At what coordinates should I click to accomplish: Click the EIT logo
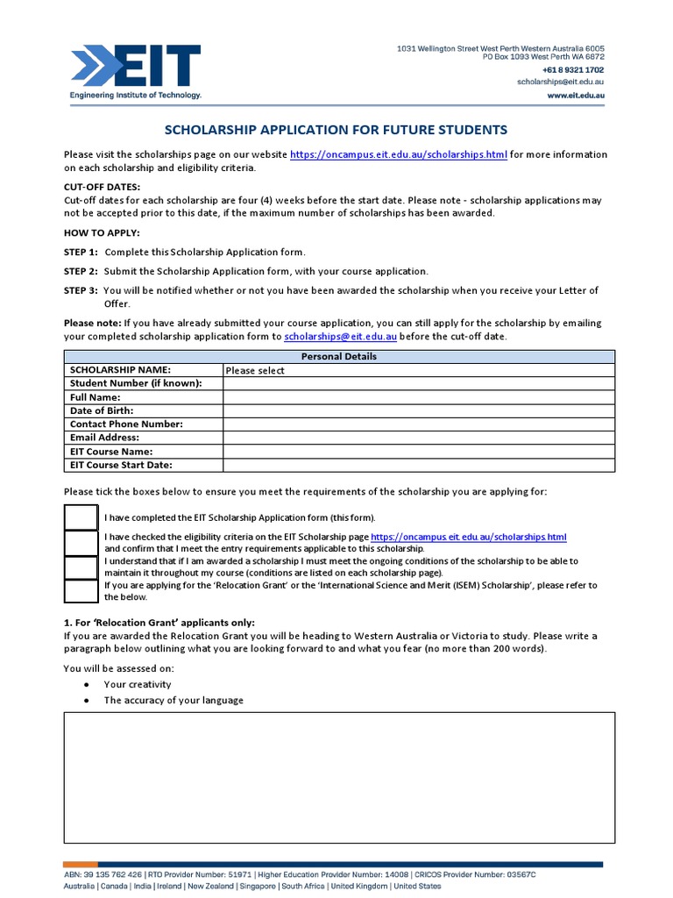[136, 71]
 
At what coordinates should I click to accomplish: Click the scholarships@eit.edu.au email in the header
[560, 82]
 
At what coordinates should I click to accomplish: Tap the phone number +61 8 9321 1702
[572, 69]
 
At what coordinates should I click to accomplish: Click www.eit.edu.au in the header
[575, 95]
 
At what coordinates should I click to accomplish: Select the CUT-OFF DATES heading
[102, 187]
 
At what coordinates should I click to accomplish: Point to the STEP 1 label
[81, 252]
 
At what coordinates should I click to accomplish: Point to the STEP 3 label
[81, 290]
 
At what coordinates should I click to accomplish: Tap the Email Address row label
[104, 438]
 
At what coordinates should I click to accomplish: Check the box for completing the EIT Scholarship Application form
[81, 517]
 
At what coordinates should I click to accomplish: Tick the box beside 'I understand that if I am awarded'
[81, 567]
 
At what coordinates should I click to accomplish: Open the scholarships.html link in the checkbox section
[469, 537]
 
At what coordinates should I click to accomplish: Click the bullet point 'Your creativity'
[138, 684]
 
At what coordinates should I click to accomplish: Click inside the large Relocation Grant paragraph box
[339, 777]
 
